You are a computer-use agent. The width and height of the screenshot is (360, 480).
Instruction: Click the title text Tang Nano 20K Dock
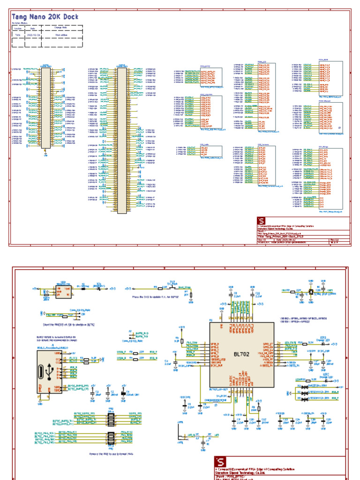coord(45,16)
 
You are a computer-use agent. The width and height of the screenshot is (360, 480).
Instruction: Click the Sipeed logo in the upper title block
coord(261,221)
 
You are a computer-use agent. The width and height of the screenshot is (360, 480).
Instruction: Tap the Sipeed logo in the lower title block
coord(220,462)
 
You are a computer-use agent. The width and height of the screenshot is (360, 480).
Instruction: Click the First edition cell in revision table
coord(61,35)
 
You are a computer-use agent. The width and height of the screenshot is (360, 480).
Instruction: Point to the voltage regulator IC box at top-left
coord(62,291)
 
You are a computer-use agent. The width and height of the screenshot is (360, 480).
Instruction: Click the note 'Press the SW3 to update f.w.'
coord(156,297)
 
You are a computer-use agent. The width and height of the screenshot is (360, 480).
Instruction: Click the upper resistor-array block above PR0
coord(111,416)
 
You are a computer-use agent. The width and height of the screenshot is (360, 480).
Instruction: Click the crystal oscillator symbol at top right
coord(310,292)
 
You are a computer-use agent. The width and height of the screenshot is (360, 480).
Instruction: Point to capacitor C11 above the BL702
coord(257,295)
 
